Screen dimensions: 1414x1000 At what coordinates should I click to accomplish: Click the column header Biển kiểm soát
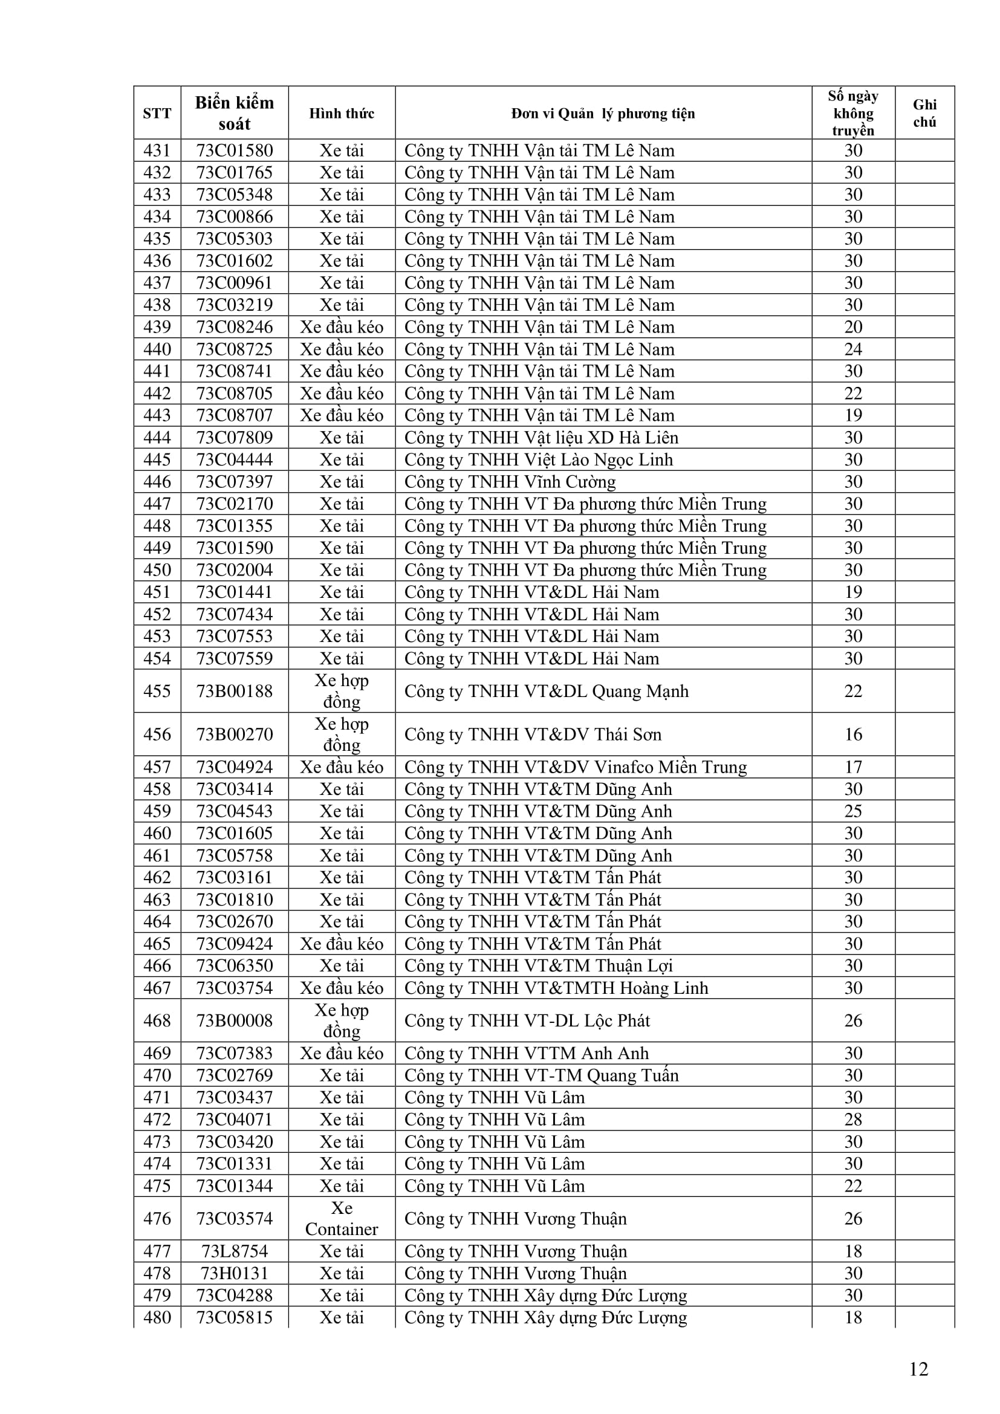point(234,112)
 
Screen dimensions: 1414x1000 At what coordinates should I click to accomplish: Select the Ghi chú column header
point(924,112)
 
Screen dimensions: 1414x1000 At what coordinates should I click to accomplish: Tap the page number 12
point(918,1369)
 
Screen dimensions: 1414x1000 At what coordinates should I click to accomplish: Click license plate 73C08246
point(234,327)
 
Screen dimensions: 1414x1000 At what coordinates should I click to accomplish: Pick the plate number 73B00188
point(234,691)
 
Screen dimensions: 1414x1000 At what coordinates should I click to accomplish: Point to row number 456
point(157,734)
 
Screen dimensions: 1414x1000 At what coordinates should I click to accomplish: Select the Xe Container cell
point(342,1218)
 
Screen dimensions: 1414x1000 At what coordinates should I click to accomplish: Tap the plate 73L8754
point(234,1251)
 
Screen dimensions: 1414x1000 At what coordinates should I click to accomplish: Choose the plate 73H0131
point(234,1273)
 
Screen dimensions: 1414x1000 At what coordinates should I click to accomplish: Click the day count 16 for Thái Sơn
point(853,734)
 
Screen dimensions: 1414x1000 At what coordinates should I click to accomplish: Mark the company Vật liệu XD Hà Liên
point(541,438)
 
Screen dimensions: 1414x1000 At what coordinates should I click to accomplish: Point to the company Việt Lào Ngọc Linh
point(539,460)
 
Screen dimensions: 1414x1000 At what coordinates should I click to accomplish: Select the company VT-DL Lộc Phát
point(527,1020)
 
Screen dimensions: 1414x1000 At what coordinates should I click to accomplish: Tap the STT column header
point(157,112)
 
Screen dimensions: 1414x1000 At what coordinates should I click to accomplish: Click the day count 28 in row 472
point(853,1119)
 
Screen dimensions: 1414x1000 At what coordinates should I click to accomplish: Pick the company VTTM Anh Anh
point(527,1053)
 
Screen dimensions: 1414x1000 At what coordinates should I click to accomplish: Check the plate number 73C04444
point(234,460)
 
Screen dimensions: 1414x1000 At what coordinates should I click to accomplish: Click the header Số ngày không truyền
point(853,112)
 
